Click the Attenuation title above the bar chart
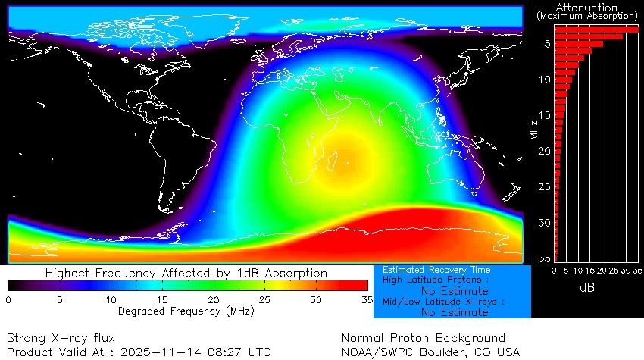pos(586,7)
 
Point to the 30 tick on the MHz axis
pos(545,223)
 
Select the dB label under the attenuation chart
pos(586,288)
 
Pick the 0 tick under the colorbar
pos(8,300)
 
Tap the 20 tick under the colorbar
pos(214,300)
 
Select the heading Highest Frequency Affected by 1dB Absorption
pos(186,273)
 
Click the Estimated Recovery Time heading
pos(436,270)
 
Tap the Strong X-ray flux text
pos(61,337)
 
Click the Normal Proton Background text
pos(423,337)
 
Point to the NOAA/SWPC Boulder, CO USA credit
pos(431,352)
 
